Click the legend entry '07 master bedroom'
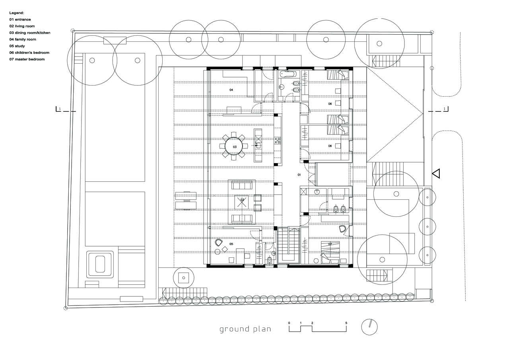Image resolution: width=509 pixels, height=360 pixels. pos(27,59)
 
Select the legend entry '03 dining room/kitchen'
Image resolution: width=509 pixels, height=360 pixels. pos(30,33)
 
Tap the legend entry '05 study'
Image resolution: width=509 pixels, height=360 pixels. pos(17,46)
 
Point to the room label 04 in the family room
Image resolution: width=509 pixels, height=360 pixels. pos(231,90)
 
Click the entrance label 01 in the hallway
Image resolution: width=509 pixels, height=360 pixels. pos(299,175)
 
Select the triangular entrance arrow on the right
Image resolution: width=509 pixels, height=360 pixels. pos(436,173)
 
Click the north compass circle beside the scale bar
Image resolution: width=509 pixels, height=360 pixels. pos(369,327)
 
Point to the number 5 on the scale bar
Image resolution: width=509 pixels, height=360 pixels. pos(346,323)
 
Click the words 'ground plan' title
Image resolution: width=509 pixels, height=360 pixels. pos(245,329)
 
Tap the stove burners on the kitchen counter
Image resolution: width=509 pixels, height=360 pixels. pos(278,140)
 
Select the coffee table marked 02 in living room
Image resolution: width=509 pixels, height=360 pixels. pos(241,202)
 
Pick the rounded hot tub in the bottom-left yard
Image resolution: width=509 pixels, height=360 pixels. pos(100,264)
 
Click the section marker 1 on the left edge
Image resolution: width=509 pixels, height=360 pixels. pos(60,109)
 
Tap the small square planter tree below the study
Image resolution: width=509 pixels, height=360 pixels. pos(184,278)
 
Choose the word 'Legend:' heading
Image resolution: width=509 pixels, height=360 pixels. pos(17,13)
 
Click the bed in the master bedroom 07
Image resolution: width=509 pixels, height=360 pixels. pos(330,253)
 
